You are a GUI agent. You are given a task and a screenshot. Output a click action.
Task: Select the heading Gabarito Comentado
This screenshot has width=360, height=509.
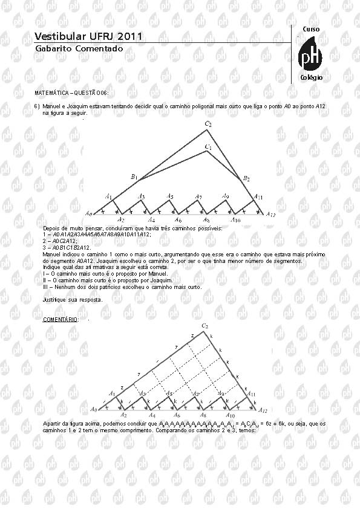click(x=79, y=48)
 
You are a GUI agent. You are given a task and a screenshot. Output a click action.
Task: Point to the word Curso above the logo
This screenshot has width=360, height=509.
click(x=310, y=29)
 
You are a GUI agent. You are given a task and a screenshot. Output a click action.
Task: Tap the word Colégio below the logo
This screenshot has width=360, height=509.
click(x=311, y=78)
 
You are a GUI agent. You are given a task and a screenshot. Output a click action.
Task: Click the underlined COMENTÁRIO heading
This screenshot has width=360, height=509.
click(x=60, y=319)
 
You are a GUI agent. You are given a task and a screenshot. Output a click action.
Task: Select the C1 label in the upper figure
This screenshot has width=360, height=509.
click(x=208, y=147)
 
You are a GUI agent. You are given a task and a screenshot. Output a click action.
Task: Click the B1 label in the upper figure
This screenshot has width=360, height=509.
click(x=134, y=177)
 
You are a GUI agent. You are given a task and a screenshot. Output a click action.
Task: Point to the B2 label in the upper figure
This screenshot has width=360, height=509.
click(x=246, y=178)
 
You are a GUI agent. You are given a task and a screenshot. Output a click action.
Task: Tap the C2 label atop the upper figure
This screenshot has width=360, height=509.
click(x=208, y=124)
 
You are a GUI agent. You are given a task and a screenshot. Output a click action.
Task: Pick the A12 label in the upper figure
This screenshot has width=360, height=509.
click(x=270, y=214)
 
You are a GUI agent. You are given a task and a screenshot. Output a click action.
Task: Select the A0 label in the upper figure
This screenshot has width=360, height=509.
click(x=88, y=213)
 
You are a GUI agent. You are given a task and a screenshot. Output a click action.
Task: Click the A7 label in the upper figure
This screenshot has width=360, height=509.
click(x=198, y=196)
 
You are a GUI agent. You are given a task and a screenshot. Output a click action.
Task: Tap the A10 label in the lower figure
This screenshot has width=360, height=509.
click(x=230, y=416)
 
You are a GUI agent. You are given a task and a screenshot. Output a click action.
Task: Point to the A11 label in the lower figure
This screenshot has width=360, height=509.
click(x=250, y=394)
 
